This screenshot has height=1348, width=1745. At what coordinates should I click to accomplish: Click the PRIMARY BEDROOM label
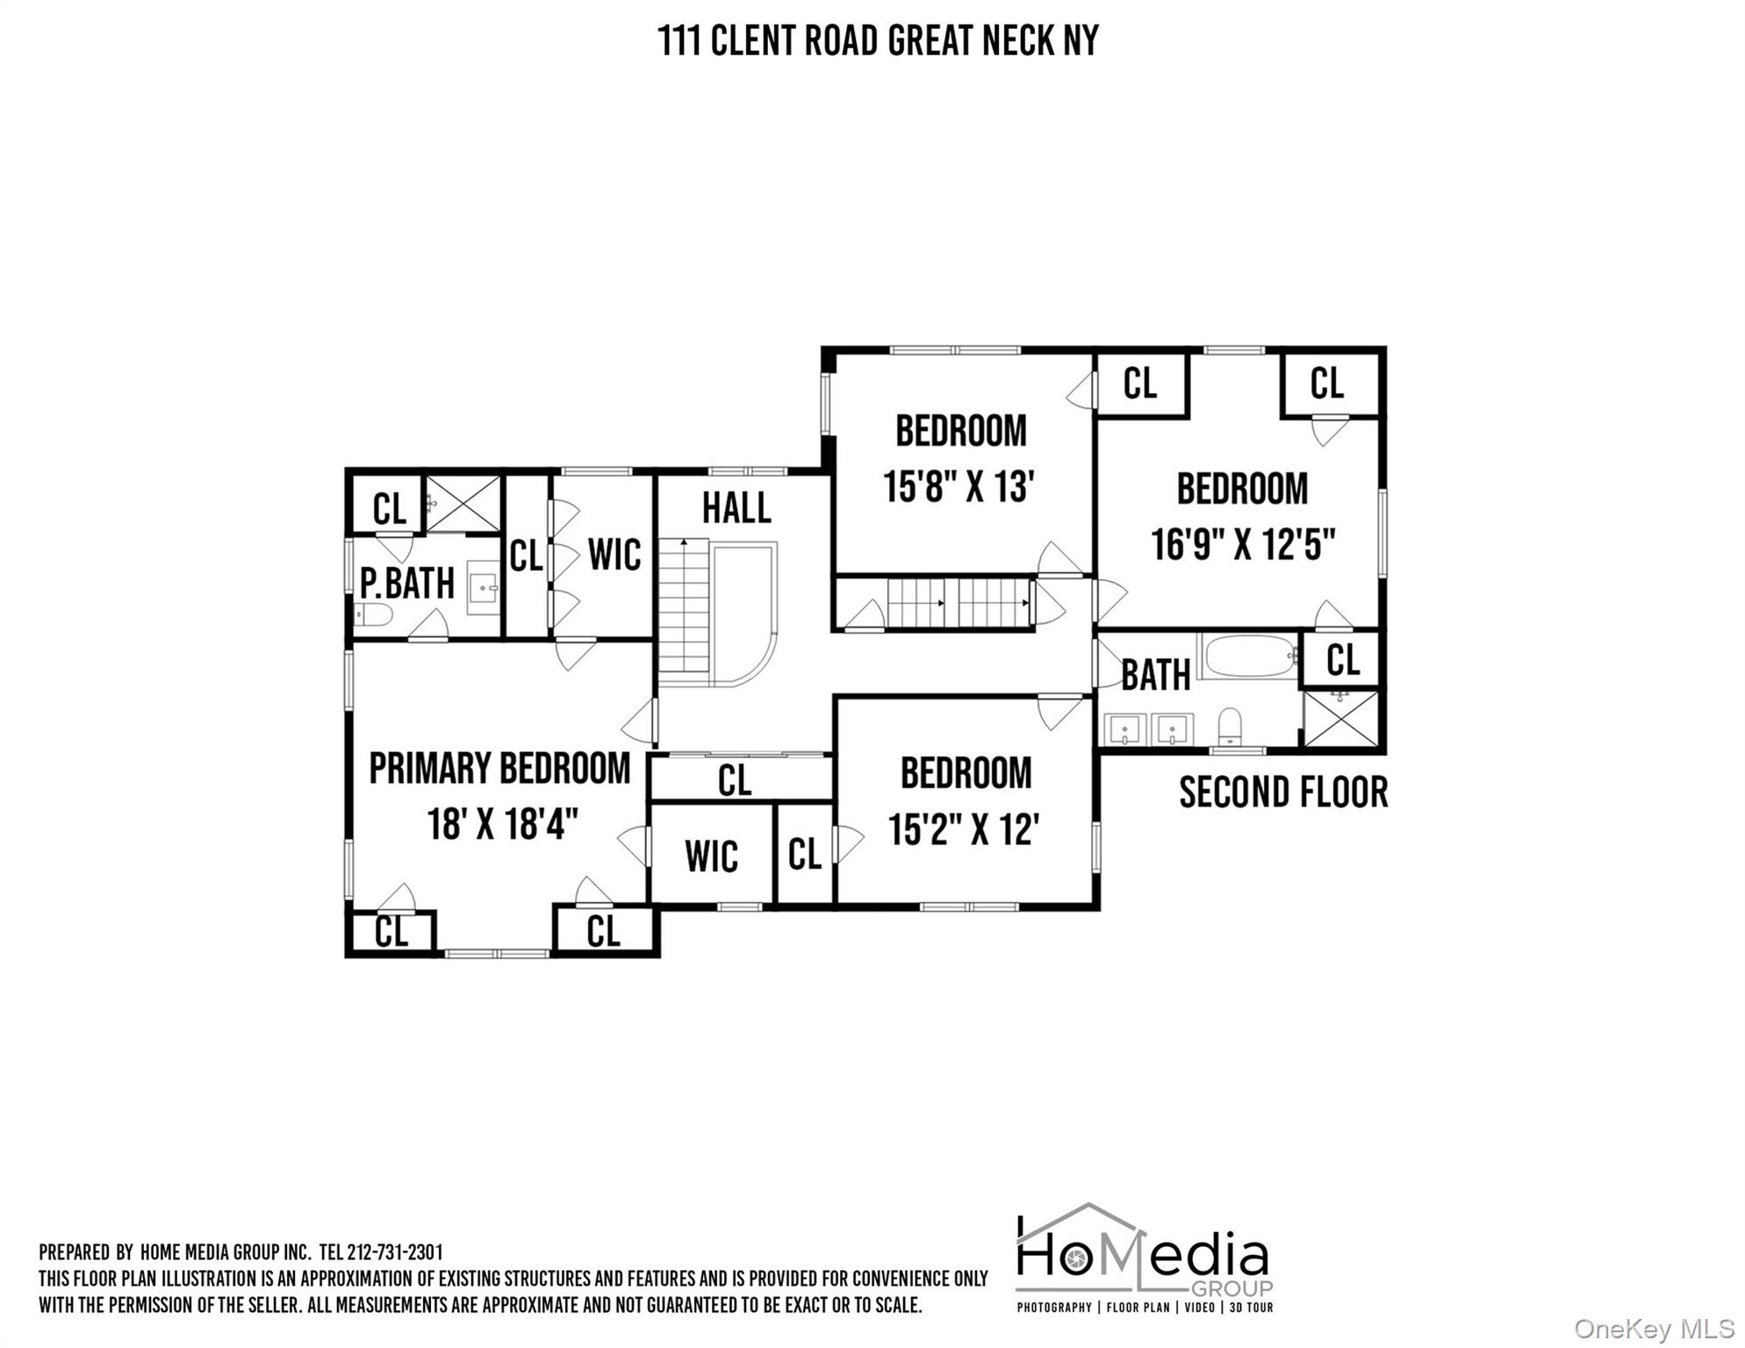tap(499, 769)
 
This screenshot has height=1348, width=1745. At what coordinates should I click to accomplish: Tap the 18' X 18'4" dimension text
tap(502, 825)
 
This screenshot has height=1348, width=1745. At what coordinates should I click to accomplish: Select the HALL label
tap(736, 508)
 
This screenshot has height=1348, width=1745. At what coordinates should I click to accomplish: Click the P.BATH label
tap(407, 584)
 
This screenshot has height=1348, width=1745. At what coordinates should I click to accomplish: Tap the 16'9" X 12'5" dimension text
tap(1242, 544)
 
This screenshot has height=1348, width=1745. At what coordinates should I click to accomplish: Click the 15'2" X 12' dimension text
tap(964, 829)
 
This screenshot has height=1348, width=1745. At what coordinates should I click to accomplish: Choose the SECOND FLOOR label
tap(1282, 792)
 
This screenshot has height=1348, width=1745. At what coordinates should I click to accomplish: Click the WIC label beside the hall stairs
tap(614, 555)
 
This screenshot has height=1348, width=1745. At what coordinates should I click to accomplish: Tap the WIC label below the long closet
tap(711, 857)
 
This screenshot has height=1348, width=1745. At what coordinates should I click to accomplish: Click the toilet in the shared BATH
tap(1231, 727)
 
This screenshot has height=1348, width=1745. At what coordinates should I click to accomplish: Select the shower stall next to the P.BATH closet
tap(463, 504)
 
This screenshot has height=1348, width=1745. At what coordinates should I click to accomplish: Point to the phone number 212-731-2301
tap(395, 1251)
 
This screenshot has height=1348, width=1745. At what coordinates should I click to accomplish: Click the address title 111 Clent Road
tap(878, 40)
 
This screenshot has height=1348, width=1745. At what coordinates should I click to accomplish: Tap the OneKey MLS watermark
tap(1654, 1329)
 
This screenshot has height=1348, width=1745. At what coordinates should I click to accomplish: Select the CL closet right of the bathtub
tap(1342, 660)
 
